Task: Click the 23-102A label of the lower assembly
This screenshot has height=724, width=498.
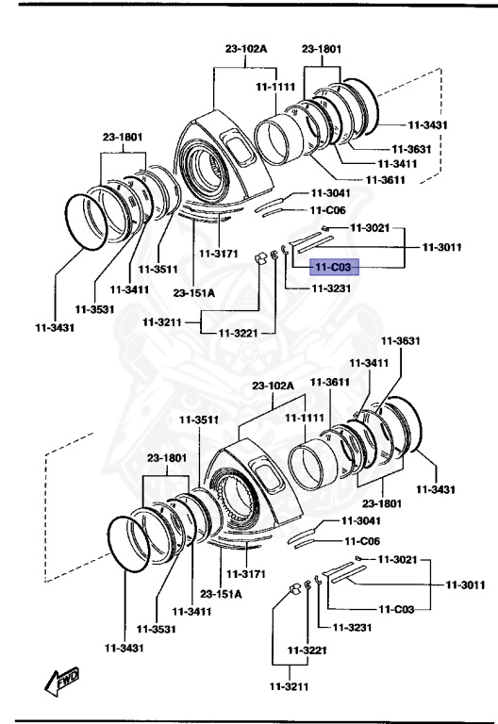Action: coord(274,386)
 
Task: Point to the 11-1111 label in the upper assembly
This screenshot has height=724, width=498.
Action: coord(275,86)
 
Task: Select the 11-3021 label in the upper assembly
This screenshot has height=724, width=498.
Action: coord(370,227)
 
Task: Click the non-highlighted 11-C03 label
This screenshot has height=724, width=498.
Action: coord(396,609)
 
